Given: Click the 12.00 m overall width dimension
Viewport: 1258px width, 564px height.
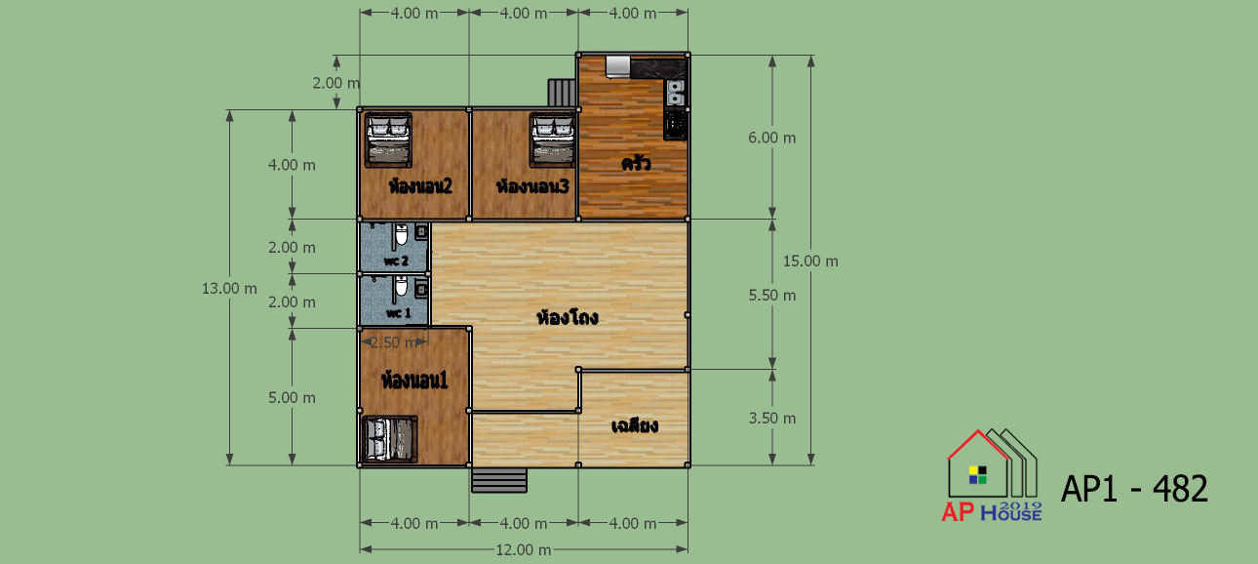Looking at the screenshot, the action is tap(524, 550).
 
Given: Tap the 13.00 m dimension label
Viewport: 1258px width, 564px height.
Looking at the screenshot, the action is tap(229, 289).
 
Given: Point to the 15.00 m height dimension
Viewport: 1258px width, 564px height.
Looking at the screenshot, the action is tap(810, 262).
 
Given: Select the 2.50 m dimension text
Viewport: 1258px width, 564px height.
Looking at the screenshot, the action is tap(394, 342).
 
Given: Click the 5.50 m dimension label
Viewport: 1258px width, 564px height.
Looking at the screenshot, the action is tap(772, 296).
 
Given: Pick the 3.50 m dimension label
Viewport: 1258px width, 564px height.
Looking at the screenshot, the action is tap(772, 419).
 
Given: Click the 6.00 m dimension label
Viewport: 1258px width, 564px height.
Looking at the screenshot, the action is tap(772, 139).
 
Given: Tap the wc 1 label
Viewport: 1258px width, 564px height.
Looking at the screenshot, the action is tap(399, 313).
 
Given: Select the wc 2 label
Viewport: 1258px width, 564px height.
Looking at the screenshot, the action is tap(396, 262).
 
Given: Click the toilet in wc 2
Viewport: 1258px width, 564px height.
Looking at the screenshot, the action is tap(401, 235).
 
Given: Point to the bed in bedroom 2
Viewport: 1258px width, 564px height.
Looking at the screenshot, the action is tap(388, 140).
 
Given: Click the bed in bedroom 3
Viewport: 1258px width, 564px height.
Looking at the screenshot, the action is tap(552, 140).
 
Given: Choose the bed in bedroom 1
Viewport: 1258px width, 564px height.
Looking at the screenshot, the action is tap(389, 439).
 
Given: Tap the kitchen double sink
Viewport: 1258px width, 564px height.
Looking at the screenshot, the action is tap(676, 93).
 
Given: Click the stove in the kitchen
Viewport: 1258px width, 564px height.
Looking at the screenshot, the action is tap(675, 124).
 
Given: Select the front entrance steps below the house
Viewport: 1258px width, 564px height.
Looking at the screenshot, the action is tap(498, 480).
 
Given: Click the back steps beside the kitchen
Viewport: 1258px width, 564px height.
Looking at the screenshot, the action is tap(562, 93).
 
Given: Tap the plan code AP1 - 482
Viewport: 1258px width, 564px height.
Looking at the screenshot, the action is tap(1134, 489).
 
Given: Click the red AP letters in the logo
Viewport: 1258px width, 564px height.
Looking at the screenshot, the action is tap(958, 512).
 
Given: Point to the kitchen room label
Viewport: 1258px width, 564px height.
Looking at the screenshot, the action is tap(636, 164).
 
